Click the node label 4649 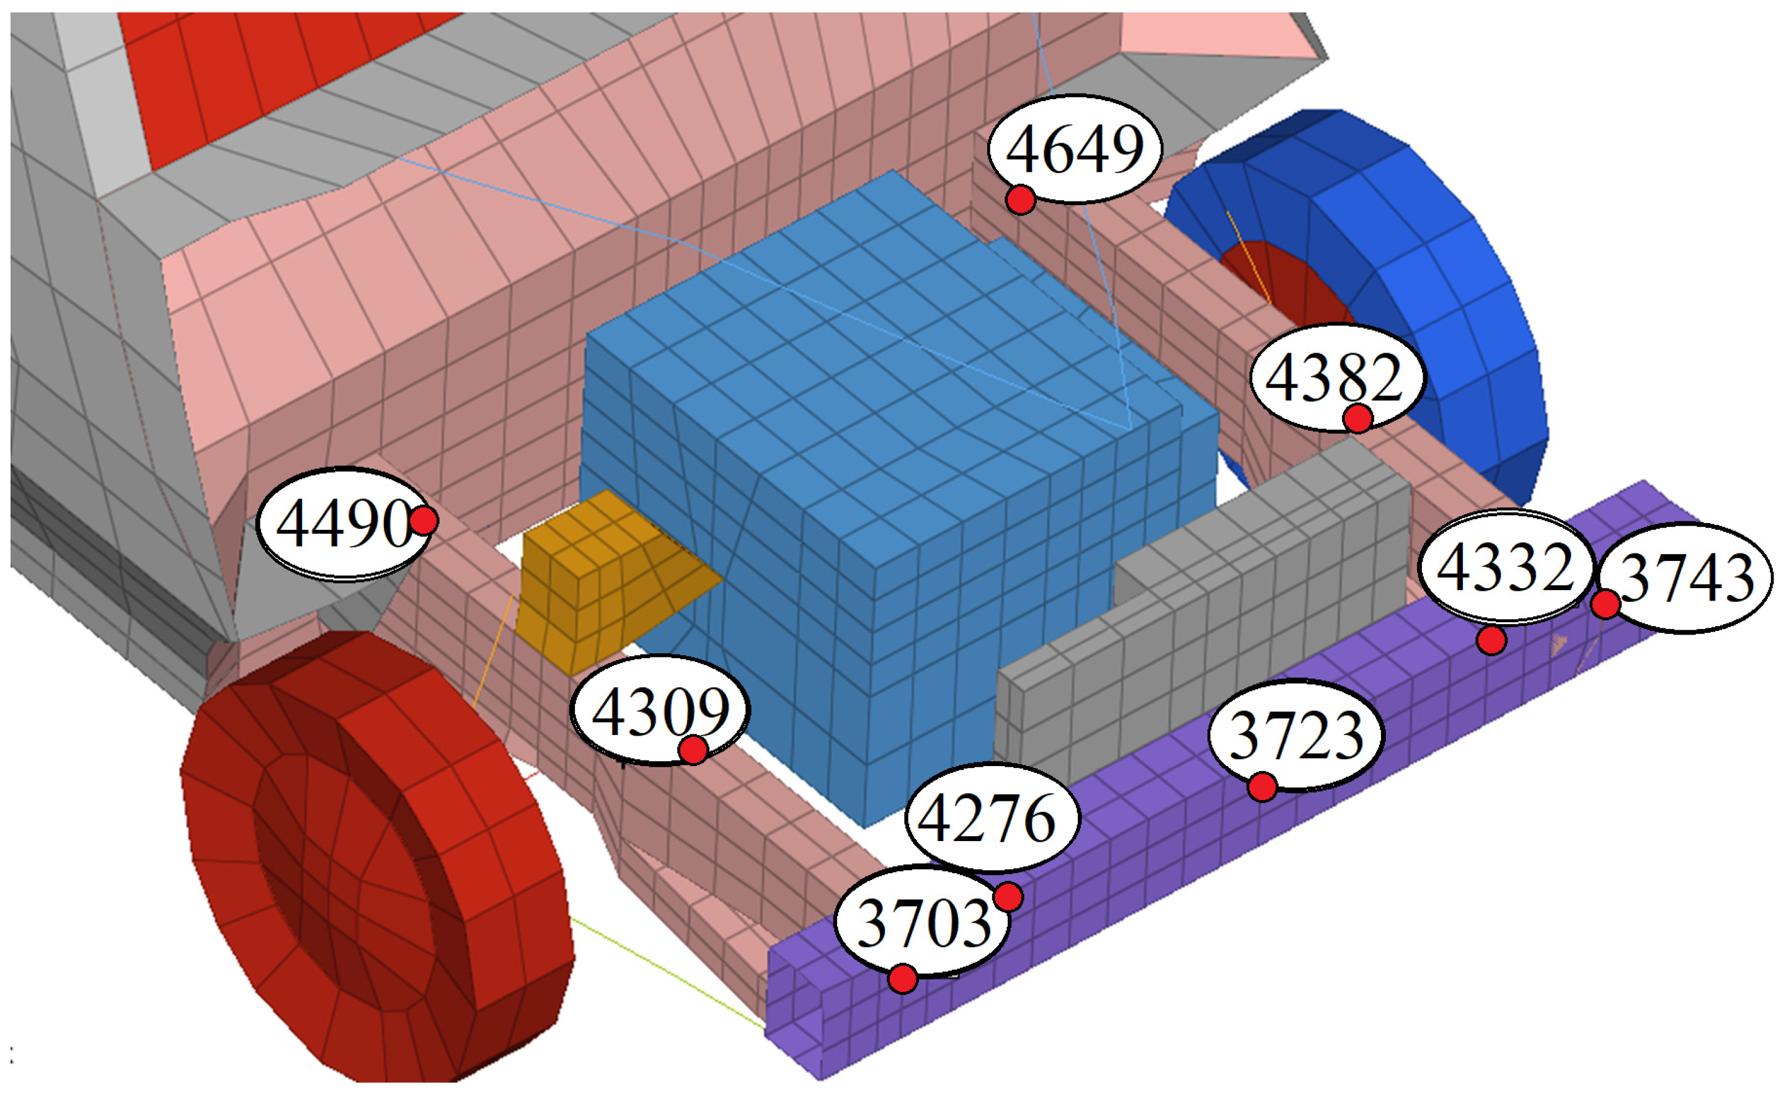(x=1075, y=149)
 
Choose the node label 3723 (x=1296, y=736)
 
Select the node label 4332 (x=1505, y=567)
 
